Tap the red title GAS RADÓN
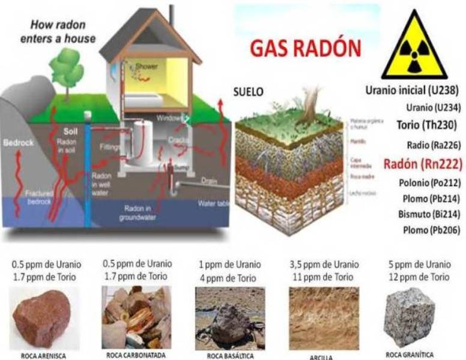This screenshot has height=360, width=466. click(306, 49)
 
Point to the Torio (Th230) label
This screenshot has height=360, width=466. click(427, 125)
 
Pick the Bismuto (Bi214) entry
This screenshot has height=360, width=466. click(425, 214)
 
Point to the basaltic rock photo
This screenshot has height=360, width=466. click(230, 318)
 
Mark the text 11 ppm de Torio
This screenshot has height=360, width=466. click(323, 277)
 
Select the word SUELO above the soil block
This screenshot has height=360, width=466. click(246, 94)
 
